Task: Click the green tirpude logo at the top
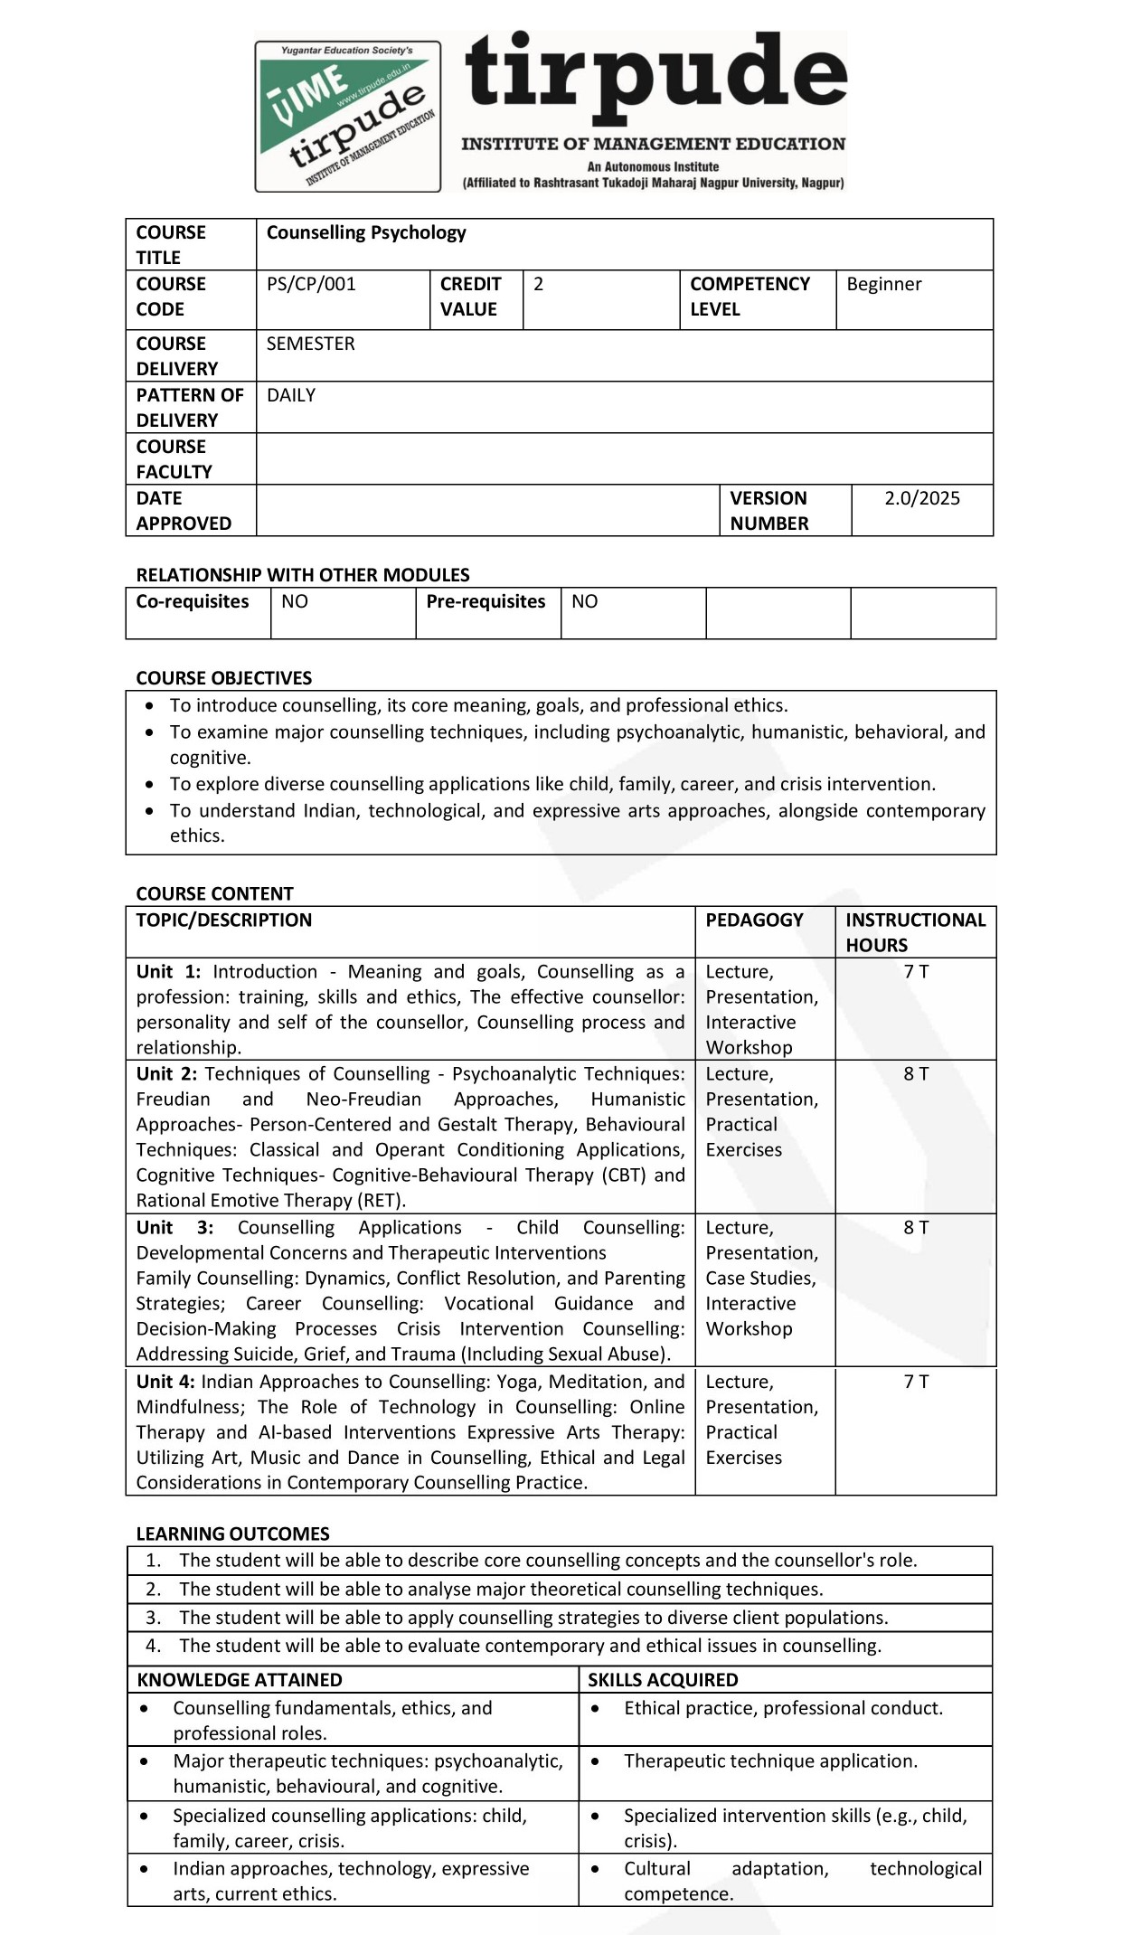348,116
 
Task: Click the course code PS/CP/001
311,284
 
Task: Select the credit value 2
539,284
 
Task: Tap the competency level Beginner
883,284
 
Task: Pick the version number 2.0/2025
921,498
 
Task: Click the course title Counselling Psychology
366,232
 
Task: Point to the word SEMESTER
310,344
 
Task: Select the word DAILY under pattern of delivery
291,395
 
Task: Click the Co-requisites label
192,601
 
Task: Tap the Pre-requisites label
486,601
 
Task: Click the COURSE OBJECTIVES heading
223,678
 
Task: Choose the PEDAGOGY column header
754,920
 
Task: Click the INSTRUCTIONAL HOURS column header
915,932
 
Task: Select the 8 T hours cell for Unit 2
916,1073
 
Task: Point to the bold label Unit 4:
165,1382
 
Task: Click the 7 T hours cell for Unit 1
916,971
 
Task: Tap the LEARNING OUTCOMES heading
232,1534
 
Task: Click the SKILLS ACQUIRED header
663,1679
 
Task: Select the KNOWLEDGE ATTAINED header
240,1679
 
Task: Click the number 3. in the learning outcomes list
154,1617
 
